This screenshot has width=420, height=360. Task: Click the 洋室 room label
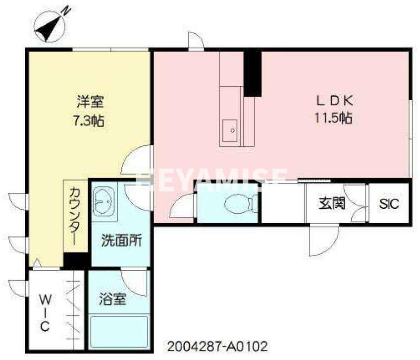90,103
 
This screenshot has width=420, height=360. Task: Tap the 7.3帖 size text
90,120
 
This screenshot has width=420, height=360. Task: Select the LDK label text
335,101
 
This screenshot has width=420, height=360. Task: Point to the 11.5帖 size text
332,119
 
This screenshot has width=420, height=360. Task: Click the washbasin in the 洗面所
104,201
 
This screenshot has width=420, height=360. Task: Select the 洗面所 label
121,241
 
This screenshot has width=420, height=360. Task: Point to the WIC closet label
45,313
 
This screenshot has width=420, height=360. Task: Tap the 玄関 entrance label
331,203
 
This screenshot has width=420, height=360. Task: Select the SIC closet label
389,204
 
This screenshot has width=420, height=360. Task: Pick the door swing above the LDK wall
195,41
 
